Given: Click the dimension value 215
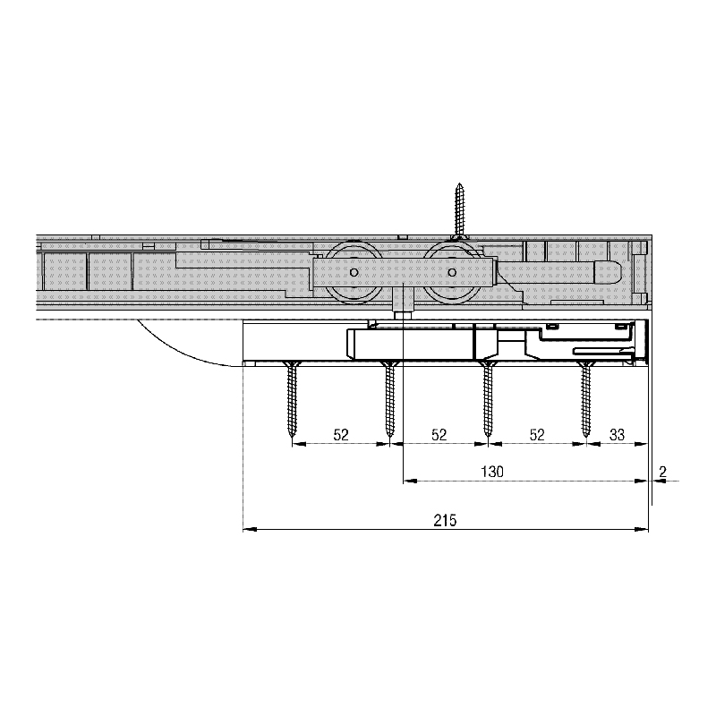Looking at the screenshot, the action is [x=445, y=521].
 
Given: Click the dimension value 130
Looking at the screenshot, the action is [x=492, y=472].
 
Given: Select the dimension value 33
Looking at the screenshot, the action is [x=617, y=435].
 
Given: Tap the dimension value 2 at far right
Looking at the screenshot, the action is [x=663, y=472].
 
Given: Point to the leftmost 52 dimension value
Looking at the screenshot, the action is [x=341, y=435].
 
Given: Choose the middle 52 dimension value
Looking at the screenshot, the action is [x=439, y=435].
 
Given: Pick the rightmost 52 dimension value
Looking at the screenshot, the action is [x=537, y=435].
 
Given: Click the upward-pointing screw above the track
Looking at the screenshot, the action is [x=460, y=211].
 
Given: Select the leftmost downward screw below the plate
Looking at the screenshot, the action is [x=292, y=399].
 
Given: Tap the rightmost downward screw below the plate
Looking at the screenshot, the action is [x=585, y=399].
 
